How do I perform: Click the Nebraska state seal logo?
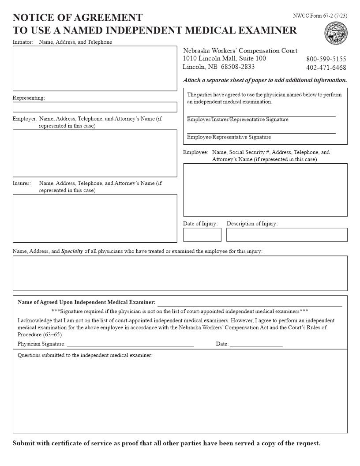[336, 34]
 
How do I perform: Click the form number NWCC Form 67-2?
[320, 16]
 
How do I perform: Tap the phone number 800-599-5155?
[326, 59]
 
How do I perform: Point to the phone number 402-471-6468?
[326, 68]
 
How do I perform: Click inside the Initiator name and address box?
[94, 68]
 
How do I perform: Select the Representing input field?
[94, 107]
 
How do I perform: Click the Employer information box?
[94, 153]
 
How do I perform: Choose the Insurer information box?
[94, 218]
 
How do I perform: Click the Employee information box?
[265, 190]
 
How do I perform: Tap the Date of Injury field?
[202, 235]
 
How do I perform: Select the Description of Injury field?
[287, 235]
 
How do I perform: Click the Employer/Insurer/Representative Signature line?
[261, 115]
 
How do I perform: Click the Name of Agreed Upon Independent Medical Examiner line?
[250, 304]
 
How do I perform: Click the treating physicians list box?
[180, 273]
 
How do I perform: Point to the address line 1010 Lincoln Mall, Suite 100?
[224, 59]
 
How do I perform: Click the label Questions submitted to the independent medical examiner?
[85, 356]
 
